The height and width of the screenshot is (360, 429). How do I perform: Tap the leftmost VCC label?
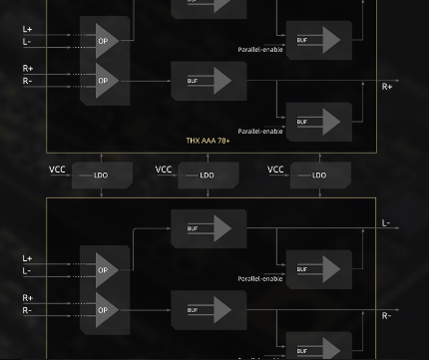tap(58, 170)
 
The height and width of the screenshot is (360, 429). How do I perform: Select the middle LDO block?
tap(208, 176)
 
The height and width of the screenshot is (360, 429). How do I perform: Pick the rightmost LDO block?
tap(319, 176)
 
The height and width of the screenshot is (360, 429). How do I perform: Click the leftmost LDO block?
tap(101, 176)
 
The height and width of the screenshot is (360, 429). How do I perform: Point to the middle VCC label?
tap(164, 170)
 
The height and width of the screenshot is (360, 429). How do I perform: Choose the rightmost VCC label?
tap(275, 170)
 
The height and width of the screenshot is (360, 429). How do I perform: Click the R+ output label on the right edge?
tap(387, 87)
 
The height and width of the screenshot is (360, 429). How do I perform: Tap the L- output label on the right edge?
tap(386, 223)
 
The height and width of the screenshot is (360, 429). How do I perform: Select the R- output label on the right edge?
tap(386, 316)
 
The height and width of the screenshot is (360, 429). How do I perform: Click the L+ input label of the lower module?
tap(28, 259)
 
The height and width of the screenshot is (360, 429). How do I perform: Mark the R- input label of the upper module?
tap(28, 81)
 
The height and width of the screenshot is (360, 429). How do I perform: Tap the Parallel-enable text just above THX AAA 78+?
tap(259, 131)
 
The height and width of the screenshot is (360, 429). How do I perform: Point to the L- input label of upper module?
tap(27, 42)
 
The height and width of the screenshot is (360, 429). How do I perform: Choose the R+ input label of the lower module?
tap(28, 298)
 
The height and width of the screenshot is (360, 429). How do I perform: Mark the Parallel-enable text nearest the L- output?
tap(259, 279)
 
